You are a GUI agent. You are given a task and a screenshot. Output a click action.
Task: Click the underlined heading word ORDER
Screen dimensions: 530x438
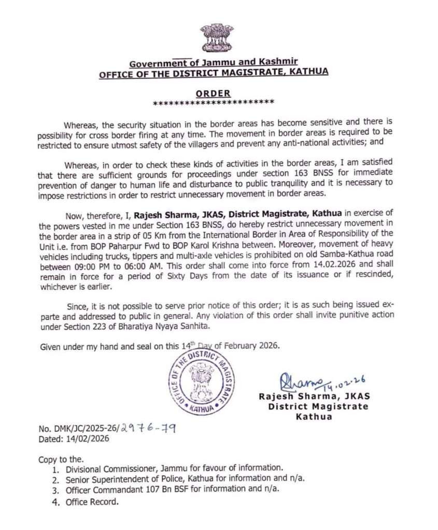[x=213, y=93]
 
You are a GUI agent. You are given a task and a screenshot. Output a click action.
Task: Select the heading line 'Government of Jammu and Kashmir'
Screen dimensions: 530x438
[x=213, y=63]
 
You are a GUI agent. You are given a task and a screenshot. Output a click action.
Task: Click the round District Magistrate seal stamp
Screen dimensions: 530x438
[x=201, y=381]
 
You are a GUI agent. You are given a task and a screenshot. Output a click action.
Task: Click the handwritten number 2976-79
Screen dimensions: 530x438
[x=148, y=429]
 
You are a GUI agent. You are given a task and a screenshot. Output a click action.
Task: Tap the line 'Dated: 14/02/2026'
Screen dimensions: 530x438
[x=74, y=439]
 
